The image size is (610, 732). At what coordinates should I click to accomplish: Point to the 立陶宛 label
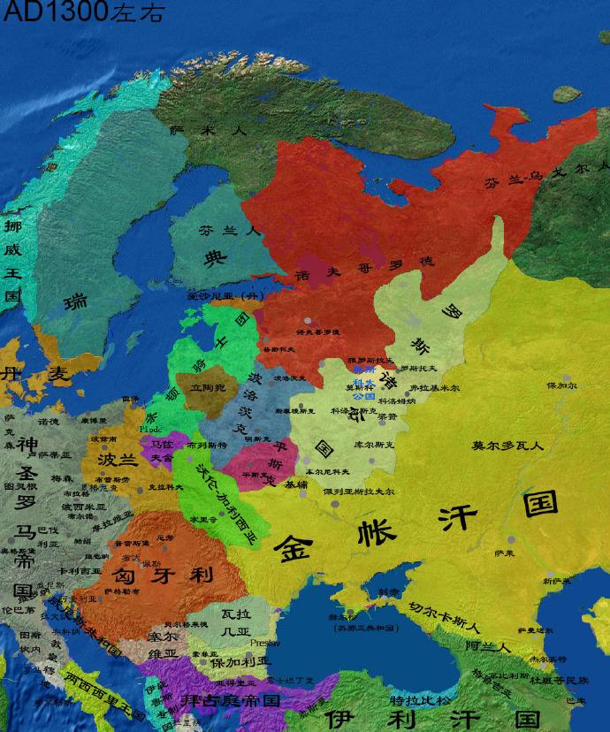tap(207, 387)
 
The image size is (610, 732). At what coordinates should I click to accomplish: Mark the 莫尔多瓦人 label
tap(507, 445)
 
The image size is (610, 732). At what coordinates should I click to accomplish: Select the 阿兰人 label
tap(489, 646)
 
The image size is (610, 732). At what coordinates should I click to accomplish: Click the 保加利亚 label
tap(239, 662)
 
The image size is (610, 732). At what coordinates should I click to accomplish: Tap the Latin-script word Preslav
tap(263, 643)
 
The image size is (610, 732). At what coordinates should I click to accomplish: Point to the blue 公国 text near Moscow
tap(362, 397)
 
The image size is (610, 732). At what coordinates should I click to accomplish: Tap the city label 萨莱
tap(504, 553)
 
